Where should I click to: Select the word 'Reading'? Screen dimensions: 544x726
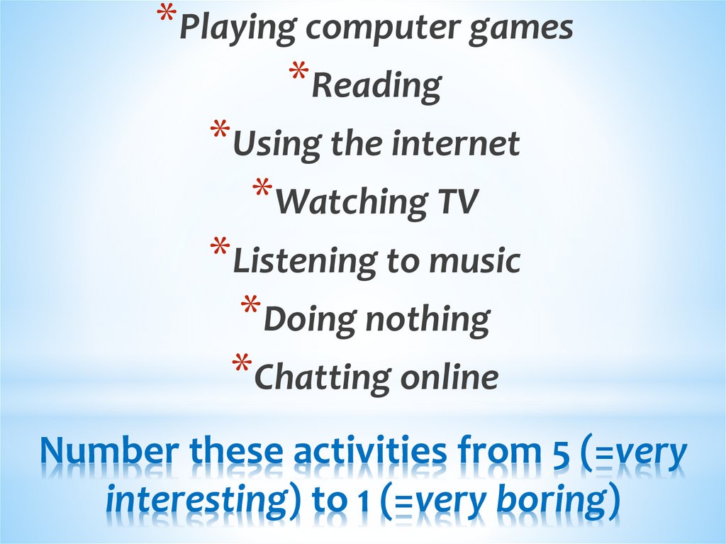(x=376, y=87)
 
